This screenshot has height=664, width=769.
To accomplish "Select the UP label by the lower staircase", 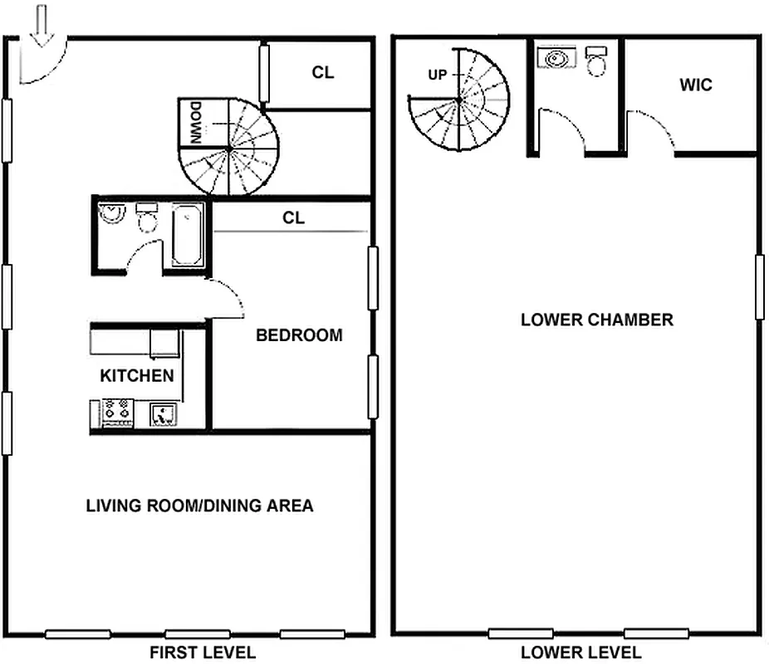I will point(437,75).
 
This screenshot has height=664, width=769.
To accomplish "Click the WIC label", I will point(695,85).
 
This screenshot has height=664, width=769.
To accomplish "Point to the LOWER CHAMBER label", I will point(596,320).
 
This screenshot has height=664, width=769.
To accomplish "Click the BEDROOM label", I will point(299,335).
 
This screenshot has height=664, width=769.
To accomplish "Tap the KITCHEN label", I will point(137,375).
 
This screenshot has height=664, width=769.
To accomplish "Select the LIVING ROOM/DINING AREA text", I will point(199,505).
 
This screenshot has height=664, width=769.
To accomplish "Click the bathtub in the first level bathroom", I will point(188,235).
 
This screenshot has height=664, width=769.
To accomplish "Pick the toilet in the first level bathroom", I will point(147,217).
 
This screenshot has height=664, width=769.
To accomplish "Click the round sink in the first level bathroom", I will point(110,215).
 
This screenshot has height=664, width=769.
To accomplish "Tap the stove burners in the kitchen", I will point(117,412).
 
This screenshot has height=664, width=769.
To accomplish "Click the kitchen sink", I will point(164,413).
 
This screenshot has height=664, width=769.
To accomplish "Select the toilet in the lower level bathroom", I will point(596,61).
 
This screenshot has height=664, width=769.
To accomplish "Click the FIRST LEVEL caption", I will point(202,652).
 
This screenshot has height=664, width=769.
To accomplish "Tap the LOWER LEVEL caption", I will point(580,652).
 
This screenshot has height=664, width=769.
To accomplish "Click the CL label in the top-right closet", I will point(323,72).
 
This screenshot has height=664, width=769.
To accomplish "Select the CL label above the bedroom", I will point(293,218).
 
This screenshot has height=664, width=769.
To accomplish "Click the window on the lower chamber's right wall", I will point(759,287).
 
